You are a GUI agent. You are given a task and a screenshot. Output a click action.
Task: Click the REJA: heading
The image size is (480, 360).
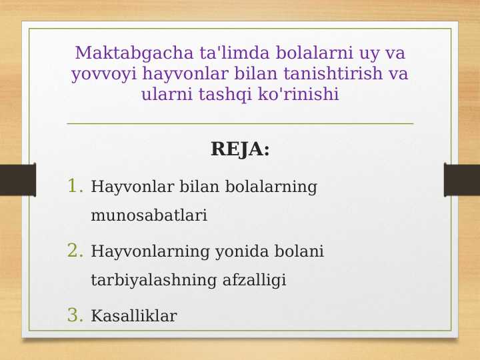click(240, 149)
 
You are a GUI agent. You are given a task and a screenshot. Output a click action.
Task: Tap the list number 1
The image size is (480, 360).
click(75, 186)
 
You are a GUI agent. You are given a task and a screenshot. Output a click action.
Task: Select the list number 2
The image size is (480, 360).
click(75, 251)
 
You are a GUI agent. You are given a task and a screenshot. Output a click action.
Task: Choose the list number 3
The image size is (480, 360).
click(75, 315)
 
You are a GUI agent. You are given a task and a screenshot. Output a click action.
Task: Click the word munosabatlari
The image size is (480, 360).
click(149, 216)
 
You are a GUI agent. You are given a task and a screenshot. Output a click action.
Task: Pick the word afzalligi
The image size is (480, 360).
click(255, 281)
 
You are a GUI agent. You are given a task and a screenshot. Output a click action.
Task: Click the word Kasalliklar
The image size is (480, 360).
click(133, 316)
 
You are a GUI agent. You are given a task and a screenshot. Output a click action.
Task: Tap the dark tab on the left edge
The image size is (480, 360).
click(17, 180)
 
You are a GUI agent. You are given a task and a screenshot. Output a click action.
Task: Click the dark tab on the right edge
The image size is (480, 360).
click(462, 180)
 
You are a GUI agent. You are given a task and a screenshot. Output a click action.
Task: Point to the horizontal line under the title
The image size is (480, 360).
click(240, 123)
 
